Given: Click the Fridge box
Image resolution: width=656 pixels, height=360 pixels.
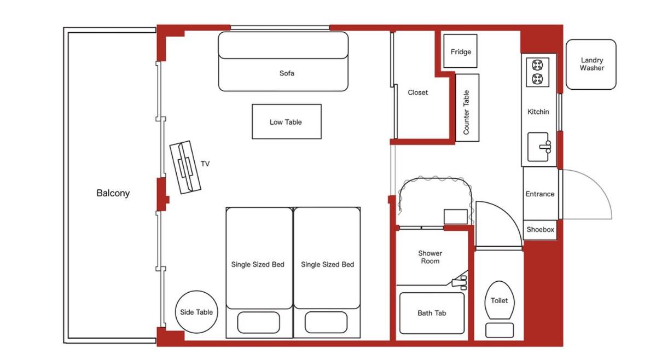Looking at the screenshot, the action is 460,51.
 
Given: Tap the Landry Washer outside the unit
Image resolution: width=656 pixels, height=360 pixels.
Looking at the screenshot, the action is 591,65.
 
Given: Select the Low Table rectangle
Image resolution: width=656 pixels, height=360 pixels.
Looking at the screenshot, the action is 287,121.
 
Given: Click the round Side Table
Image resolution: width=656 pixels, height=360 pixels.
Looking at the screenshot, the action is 196,312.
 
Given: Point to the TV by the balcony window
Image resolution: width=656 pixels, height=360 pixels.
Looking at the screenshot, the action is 185,167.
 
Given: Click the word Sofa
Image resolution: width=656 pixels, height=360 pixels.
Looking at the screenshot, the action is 287,73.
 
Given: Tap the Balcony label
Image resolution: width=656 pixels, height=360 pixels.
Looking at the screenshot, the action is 113,193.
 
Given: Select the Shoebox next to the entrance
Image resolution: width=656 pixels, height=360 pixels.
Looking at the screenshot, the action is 540,230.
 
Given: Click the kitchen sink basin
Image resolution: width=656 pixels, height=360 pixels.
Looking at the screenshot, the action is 538,147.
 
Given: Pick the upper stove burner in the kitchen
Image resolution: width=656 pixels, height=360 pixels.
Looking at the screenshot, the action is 537,65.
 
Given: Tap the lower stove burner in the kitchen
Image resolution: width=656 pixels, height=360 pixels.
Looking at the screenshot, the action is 537,79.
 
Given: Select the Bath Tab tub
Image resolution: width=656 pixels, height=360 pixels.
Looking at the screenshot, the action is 432,313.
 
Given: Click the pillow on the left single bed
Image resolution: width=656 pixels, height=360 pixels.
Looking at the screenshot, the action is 259,322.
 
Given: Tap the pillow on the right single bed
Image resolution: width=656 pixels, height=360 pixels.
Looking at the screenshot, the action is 326,322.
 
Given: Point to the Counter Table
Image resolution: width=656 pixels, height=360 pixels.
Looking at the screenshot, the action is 467,108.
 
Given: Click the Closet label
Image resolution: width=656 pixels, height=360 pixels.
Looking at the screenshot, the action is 418,92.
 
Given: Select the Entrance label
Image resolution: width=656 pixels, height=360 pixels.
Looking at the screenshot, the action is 539,194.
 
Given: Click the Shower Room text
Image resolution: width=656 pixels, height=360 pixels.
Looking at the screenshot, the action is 430,257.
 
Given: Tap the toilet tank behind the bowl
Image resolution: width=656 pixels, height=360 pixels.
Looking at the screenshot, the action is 500,330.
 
